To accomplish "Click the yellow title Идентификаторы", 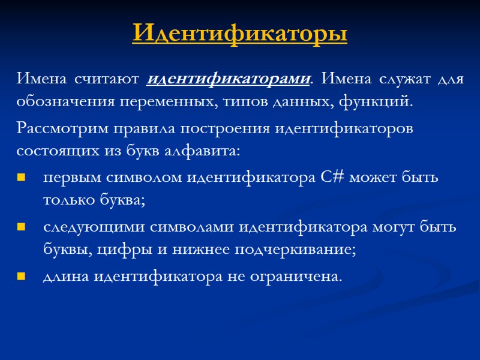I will pyautogui.click(x=240, y=33).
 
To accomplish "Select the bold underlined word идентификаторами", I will pyautogui.click(x=229, y=79).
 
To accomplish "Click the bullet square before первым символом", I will pyautogui.click(x=22, y=179).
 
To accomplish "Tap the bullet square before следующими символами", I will pyautogui.click(x=22, y=228).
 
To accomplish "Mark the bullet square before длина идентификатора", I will pyautogui.click(x=22, y=277).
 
